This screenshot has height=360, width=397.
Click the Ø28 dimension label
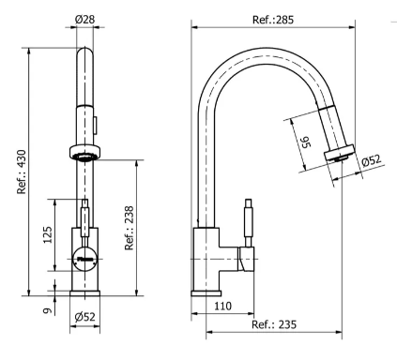pos(84,20)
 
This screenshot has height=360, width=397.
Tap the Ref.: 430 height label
pos(22,172)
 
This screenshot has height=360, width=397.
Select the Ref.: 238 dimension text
pos(130,228)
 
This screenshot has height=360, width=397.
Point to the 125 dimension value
pos(48,235)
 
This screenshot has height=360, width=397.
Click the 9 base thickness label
pos(47,310)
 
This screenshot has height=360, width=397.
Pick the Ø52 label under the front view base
pos(84,317)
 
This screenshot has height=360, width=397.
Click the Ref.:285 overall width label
pos(273,20)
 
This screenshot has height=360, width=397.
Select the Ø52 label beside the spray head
pos(372,161)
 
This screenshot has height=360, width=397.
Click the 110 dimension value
pos(223,306)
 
